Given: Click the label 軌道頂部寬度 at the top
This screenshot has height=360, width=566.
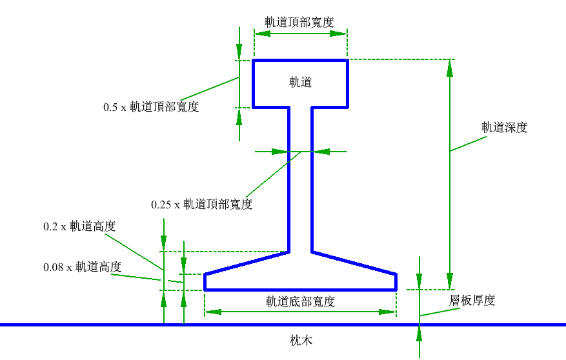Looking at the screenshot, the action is click(299, 23).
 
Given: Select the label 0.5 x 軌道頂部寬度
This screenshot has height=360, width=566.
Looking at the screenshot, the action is click(151, 106).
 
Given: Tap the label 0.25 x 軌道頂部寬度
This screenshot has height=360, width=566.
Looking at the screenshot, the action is click(202, 205).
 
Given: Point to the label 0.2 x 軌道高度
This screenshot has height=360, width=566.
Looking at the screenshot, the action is click(79, 226).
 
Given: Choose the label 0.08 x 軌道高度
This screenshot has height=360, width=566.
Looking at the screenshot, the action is click(83, 267).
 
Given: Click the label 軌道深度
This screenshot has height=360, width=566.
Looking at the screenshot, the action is click(504, 127).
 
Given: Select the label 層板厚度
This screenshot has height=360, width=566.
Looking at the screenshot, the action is click(472, 300).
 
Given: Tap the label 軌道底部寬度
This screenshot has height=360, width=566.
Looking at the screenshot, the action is click(301, 301).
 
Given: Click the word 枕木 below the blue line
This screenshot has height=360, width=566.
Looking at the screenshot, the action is click(301, 340).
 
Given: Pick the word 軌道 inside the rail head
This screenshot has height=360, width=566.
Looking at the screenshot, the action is click(300, 82).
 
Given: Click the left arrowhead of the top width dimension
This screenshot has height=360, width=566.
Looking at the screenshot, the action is click(263, 34).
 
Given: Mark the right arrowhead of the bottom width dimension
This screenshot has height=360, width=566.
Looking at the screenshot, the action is click(388, 312).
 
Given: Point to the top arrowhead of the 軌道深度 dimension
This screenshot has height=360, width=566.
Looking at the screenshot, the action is click(450, 68).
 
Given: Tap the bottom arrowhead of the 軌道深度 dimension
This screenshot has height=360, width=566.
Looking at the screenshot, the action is click(450, 281).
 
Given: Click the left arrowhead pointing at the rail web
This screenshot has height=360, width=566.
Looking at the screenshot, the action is click(279, 152).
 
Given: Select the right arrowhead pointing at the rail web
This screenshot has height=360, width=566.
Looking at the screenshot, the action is click(321, 152).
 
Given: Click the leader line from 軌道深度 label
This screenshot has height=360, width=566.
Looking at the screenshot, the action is click(468, 144).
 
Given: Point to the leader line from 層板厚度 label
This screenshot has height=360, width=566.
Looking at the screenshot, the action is click(440, 312).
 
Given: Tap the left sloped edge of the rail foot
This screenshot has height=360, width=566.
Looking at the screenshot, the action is click(247, 263).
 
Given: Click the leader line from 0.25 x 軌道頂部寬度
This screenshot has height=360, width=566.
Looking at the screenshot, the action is click(274, 174).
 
